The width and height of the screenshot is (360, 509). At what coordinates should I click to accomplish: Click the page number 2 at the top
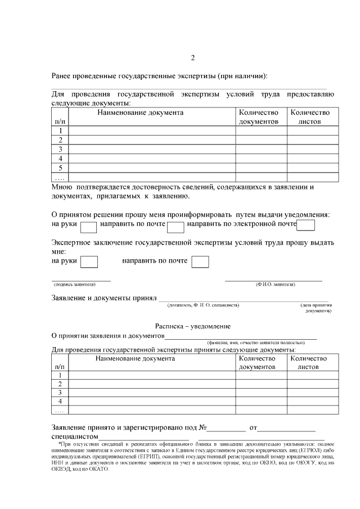tap(193, 58)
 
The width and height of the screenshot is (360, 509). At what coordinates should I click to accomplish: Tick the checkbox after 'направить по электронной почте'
tap(305, 226)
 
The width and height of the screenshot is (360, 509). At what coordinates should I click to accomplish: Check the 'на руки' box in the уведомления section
tap(89, 226)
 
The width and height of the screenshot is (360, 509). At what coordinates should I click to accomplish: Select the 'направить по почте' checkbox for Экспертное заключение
tap(200, 262)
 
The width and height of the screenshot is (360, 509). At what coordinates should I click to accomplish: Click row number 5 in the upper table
tap(60, 168)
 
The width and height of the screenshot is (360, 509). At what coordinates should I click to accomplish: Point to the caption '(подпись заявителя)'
tap(74, 285)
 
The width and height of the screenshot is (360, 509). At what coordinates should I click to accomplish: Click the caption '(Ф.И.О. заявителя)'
tap(275, 285)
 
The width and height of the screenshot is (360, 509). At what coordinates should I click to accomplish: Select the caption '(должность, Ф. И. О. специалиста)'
tap(203, 305)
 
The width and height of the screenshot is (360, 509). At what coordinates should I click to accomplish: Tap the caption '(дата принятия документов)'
tap(316, 308)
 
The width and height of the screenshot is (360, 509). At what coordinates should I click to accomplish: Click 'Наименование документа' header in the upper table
tap(140, 112)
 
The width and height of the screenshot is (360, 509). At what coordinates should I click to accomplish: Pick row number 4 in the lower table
tap(60, 401)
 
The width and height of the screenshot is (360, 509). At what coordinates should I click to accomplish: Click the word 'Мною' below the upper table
tap(62, 187)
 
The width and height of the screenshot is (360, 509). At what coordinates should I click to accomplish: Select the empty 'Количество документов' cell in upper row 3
tap(261, 149)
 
